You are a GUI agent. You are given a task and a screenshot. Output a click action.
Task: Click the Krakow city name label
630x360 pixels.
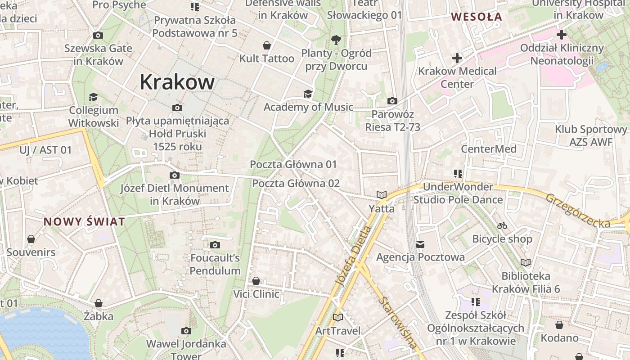(177, 82)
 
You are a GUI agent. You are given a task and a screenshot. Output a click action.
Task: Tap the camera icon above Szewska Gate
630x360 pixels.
(98, 35)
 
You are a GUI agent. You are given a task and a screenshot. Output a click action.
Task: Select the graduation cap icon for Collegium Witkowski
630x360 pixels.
(93, 97)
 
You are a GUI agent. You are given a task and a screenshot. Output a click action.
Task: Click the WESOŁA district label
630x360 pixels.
(476, 17)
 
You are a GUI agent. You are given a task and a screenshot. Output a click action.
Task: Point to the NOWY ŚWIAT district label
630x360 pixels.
(84, 221)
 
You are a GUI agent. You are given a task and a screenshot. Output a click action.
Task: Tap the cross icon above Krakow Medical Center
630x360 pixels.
(457, 58)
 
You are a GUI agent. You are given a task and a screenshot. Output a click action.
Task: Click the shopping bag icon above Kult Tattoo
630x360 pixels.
(267, 45)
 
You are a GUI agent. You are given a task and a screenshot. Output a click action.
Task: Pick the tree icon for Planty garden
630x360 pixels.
(336, 40)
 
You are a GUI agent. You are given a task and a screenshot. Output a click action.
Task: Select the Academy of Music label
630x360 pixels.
(308, 107)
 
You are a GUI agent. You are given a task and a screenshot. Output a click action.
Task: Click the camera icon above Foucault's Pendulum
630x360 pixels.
(215, 245)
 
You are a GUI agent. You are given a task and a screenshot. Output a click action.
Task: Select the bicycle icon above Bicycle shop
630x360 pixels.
(502, 225)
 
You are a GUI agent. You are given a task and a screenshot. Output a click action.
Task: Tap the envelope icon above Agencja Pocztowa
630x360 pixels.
(420, 244)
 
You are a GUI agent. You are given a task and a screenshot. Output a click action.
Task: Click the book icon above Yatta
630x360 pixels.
(382, 195)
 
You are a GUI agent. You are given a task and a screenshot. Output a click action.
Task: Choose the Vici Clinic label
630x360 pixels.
(256, 294)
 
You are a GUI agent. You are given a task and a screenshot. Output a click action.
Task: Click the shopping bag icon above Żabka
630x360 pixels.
(99, 303)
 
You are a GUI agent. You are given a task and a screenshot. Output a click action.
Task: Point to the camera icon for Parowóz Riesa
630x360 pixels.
(392, 101)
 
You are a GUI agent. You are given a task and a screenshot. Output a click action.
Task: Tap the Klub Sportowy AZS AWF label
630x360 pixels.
(591, 135)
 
